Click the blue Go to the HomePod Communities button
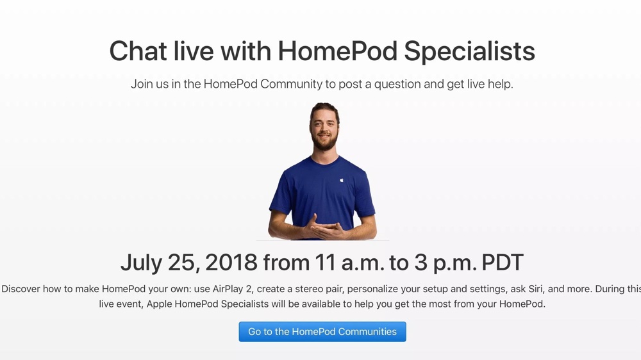click(x=322, y=331)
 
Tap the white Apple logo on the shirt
click(x=342, y=179)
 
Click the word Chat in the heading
click(x=138, y=51)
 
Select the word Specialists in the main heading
click(x=469, y=52)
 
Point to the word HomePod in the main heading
click(x=338, y=51)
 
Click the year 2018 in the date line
click(x=231, y=263)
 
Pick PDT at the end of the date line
click(x=503, y=263)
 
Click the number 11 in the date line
click(x=325, y=263)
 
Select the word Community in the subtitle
click(x=291, y=84)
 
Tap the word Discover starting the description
click(x=21, y=289)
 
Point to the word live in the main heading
click(x=194, y=51)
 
